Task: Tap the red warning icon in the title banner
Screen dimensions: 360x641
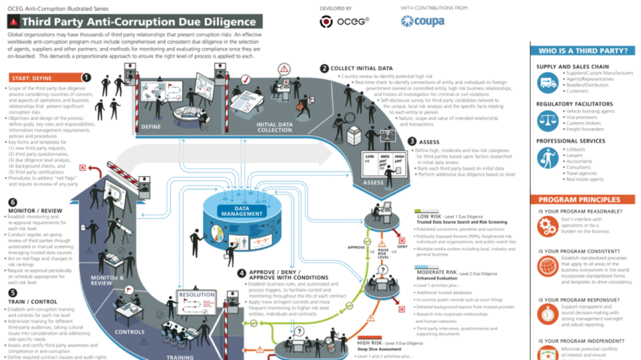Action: click(x=14, y=22)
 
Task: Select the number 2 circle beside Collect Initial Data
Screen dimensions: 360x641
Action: click(x=325, y=68)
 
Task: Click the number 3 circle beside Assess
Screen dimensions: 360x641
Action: click(x=412, y=142)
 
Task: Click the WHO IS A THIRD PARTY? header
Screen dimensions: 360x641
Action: click(x=583, y=51)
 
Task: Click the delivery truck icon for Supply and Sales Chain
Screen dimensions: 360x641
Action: click(x=547, y=83)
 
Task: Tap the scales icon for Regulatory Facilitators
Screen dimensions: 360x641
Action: click(x=547, y=120)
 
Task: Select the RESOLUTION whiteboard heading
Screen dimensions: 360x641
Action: click(x=197, y=295)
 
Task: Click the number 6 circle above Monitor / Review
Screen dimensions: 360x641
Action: click(x=13, y=202)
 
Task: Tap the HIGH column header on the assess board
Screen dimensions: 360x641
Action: click(x=399, y=157)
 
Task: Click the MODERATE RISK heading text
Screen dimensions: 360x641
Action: click(x=437, y=272)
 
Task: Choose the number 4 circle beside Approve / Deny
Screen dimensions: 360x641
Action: click(x=242, y=273)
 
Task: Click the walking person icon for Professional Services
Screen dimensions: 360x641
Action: click(x=547, y=158)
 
